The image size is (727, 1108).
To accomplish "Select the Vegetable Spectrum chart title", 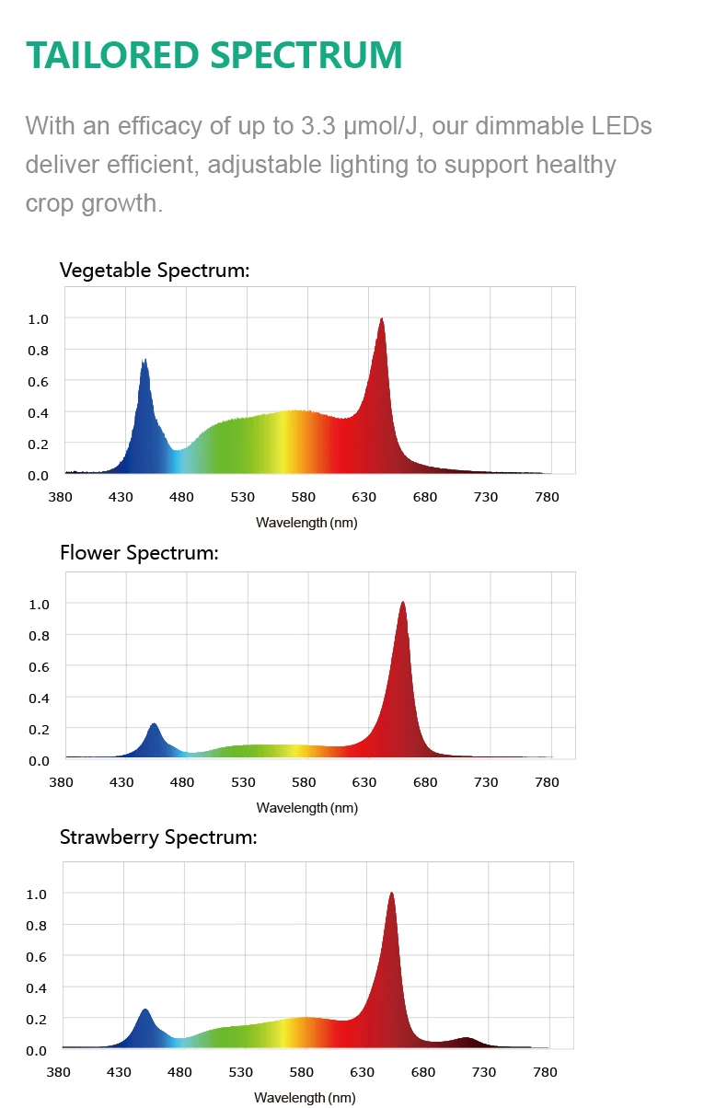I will point(155,270).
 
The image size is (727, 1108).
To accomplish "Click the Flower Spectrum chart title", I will point(139,553).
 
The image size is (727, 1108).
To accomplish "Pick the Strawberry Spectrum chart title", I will point(157,837).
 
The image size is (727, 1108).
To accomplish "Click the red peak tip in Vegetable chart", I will point(381,319).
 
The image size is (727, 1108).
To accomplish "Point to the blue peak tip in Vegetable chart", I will point(144,361).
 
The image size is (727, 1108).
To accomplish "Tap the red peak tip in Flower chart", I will point(402,603).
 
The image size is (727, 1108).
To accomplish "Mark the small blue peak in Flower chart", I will point(154,725).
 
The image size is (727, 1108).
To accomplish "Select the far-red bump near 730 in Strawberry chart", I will point(467,1039).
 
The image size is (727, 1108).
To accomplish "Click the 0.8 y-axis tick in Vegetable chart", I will point(38,350).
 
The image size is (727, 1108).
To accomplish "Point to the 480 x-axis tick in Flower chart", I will point(182,782).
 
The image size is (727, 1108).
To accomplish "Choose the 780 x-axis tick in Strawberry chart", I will point(545,1072).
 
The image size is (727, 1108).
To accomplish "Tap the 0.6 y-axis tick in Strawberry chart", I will point(36,956).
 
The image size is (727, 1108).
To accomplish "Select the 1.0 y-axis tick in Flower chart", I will point(38,604).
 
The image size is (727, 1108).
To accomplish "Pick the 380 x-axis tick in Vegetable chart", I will point(61,497).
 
